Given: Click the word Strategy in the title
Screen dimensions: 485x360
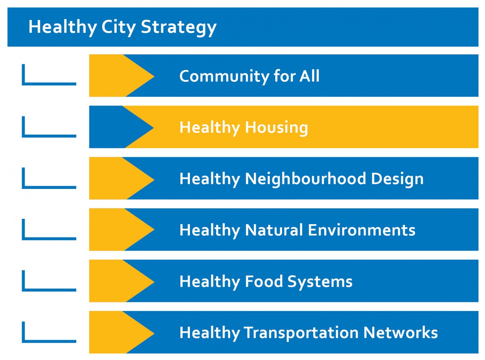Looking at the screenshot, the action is [179, 28].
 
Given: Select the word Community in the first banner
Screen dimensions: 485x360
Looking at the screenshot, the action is [224, 76].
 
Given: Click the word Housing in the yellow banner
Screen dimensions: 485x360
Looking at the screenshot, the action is [276, 128].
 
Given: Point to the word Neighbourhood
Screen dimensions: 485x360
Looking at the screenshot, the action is [306, 179].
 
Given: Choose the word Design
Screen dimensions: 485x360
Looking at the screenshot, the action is [397, 179].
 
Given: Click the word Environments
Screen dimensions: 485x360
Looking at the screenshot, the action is [361, 230].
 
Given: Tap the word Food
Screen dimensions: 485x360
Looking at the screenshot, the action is [264, 282].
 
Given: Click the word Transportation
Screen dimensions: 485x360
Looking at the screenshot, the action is [301, 333].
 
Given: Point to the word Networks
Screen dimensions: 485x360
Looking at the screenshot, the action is [401, 332].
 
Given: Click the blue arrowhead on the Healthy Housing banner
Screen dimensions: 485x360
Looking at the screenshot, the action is [121, 127].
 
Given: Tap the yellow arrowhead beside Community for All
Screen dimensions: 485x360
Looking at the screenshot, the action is [122, 76].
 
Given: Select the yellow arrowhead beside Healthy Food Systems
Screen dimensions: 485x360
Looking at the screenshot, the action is [122, 281].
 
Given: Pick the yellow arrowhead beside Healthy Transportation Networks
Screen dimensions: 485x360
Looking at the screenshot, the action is [122, 332].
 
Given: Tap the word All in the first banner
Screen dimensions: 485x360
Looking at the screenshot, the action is [310, 76].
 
